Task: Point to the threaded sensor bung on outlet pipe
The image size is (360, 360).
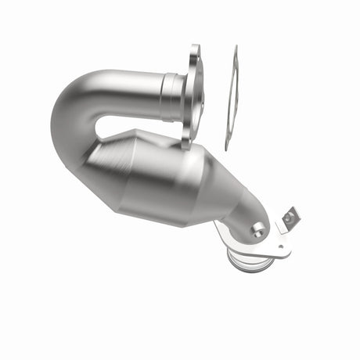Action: [x=258, y=229]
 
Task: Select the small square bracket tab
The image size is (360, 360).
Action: [x=290, y=217]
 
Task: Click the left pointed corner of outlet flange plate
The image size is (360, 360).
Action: [x=217, y=227]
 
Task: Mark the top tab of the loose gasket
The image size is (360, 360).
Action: [x=234, y=51]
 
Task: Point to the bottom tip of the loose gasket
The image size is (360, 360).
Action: [x=227, y=147]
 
